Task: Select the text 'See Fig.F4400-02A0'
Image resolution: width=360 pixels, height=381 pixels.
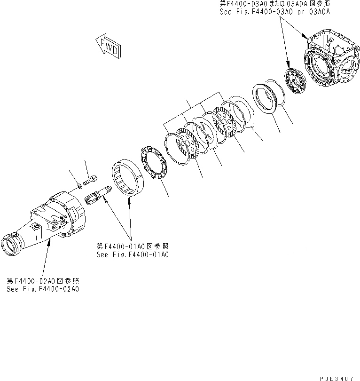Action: click(43, 288)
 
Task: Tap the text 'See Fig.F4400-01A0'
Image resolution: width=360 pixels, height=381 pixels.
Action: click(133, 254)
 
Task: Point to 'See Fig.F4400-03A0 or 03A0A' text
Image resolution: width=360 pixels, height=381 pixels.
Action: click(274, 12)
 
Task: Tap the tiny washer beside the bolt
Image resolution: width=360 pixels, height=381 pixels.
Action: click(79, 187)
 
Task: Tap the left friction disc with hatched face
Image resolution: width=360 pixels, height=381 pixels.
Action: click(188, 143)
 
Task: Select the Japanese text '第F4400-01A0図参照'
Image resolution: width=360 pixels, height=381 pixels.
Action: click(133, 246)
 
